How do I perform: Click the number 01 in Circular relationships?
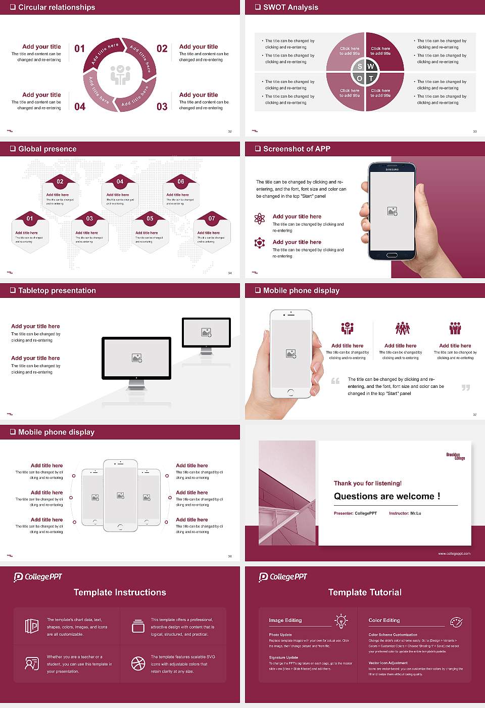(x=80, y=49)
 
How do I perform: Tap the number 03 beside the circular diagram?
(x=162, y=107)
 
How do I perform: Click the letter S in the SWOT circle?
(x=360, y=66)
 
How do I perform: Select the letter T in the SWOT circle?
(x=371, y=78)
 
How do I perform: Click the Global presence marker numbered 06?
(x=181, y=182)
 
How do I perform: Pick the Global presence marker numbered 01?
(x=30, y=218)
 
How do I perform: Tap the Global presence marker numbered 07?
(x=212, y=218)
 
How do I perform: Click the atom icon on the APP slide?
(x=260, y=218)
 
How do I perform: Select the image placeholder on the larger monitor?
(x=136, y=358)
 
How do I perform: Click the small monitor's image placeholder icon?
(x=206, y=332)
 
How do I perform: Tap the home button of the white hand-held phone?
(x=290, y=392)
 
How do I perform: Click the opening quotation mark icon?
(x=335, y=381)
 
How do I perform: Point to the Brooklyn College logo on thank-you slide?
(x=455, y=456)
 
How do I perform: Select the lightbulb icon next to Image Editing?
(x=341, y=621)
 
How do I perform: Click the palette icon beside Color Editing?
(x=456, y=622)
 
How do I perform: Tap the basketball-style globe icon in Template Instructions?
(x=138, y=663)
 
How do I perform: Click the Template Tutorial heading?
(x=365, y=592)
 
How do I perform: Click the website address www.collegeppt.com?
(x=454, y=553)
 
